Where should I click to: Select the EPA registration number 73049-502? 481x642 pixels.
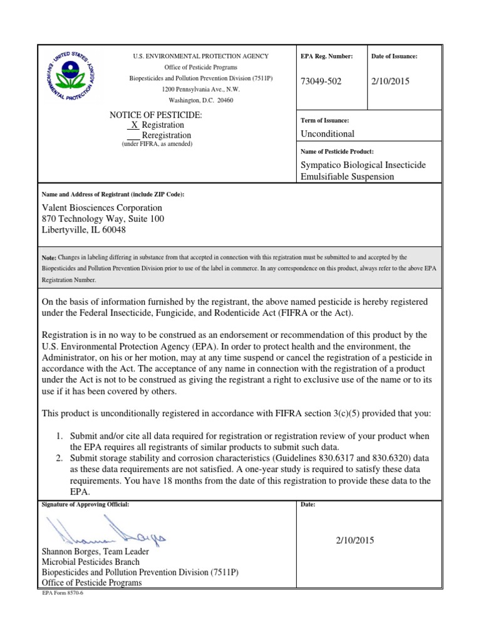pyautogui.click(x=322, y=82)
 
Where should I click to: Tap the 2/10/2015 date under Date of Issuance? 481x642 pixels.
pyautogui.click(x=390, y=82)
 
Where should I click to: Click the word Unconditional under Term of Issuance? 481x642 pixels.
pyautogui.click(x=328, y=134)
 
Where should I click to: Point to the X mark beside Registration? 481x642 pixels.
pyautogui.click(x=134, y=125)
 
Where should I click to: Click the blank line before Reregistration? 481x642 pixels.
pyautogui.click(x=133, y=135)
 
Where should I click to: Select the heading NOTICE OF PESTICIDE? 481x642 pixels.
pyautogui.click(x=156, y=115)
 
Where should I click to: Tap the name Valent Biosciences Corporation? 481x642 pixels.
pyautogui.click(x=101, y=208)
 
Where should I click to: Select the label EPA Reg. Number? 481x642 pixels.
pyautogui.click(x=327, y=56)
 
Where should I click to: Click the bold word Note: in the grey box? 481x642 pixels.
pyautogui.click(x=49, y=258)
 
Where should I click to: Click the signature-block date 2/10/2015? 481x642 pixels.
pyautogui.click(x=355, y=540)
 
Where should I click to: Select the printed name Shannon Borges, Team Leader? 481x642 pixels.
pyautogui.click(x=95, y=551)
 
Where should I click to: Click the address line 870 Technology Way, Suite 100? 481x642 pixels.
pyautogui.click(x=103, y=219)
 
